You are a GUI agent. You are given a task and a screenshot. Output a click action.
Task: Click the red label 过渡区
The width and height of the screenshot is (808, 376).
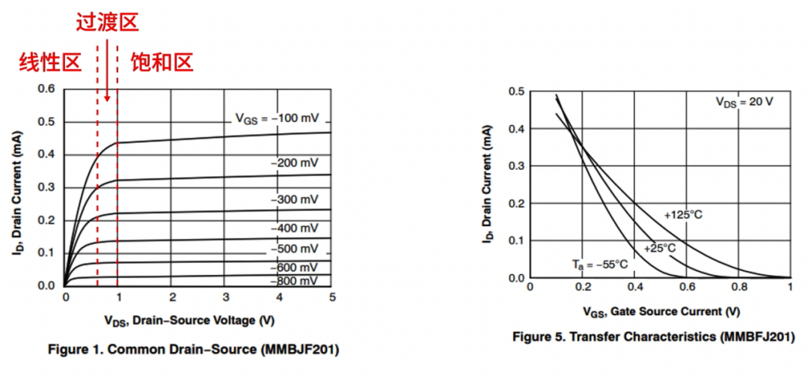pyautogui.click(x=108, y=22)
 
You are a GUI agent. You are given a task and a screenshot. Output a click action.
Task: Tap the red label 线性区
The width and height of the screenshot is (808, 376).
pyautogui.click(x=50, y=62)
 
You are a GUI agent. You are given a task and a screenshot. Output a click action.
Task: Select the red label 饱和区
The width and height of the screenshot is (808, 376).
pyautogui.click(x=162, y=62)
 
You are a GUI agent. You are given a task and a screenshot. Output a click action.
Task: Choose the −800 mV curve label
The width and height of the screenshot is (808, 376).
pyautogui.click(x=294, y=281)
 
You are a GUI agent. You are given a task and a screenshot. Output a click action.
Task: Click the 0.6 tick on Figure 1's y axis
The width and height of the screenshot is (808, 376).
pyautogui.click(x=46, y=89)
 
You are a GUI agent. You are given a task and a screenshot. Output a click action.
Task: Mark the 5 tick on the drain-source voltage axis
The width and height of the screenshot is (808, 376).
pyautogui.click(x=332, y=298)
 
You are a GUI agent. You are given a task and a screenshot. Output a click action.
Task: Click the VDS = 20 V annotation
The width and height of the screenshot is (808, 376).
pyautogui.click(x=744, y=102)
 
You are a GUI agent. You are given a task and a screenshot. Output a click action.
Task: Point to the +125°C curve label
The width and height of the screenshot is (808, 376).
pyautogui.click(x=683, y=215)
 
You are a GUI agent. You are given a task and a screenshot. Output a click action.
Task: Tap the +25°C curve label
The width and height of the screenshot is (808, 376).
pyautogui.click(x=659, y=248)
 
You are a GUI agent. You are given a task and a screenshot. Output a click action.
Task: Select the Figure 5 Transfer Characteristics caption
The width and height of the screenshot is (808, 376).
pyautogui.click(x=653, y=337)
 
